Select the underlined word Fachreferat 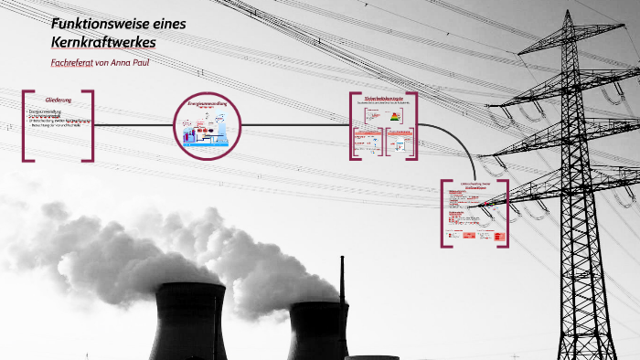pos(72,62)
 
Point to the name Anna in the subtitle pos(123,62)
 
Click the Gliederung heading pos(58,99)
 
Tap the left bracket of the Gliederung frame pos(25,125)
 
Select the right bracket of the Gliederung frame pos(91,125)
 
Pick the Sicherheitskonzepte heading pos(383,98)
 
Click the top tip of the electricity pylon pos(569,12)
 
